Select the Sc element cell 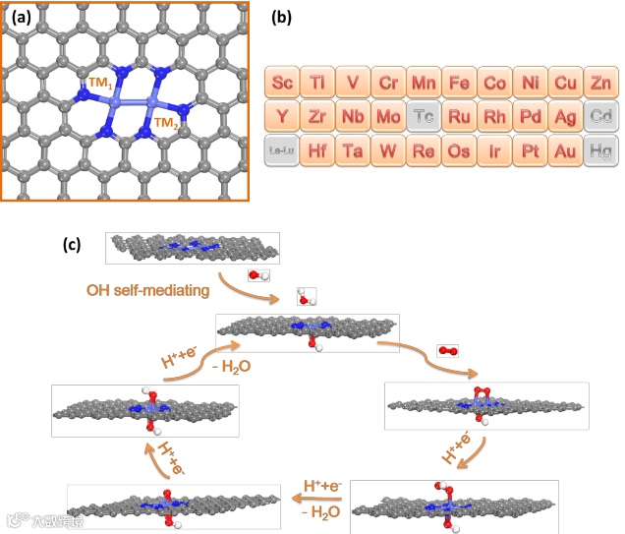pos(282,82)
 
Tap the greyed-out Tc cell pos(423,116)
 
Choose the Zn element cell pos(598,82)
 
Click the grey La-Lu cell pos(282,150)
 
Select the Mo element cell pos(387,116)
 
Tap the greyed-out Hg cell pos(598,150)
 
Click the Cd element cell pos(598,116)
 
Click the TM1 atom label pos(99,86)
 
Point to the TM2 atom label pos(167,123)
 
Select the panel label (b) pos(279,18)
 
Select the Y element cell pos(282,116)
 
